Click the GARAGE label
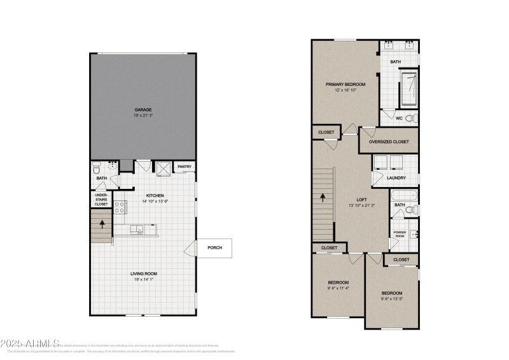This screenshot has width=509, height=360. [143, 109]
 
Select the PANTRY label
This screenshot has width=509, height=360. [185, 167]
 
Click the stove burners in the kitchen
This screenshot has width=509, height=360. [120, 207]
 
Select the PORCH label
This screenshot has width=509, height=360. [214, 247]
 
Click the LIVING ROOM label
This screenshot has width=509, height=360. [144, 274]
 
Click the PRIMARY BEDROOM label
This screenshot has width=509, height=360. [345, 84]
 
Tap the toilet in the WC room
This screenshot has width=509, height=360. [410, 118]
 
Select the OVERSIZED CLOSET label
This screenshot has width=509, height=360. [389, 141]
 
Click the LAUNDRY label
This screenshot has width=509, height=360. [396, 177]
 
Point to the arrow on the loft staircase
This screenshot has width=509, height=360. [323, 197]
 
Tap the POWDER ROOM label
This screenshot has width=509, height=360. [400, 234]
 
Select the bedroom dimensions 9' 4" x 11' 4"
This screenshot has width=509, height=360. [338, 288]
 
